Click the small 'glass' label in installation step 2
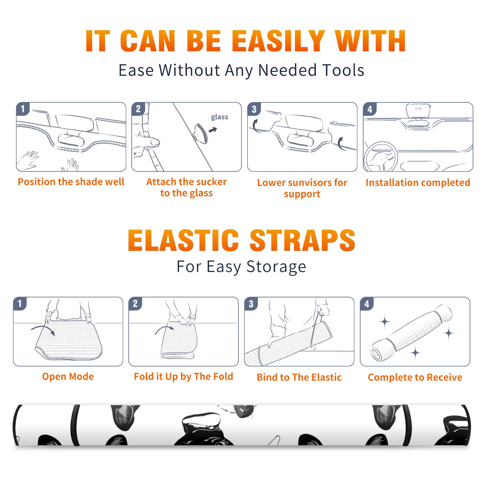coord(219,117)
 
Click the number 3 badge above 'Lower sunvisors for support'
coord(254,109)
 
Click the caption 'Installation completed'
coord(418,183)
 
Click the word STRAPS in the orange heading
coord(302,240)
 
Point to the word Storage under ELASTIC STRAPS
coord(276,267)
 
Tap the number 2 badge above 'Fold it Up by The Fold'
coord(135,303)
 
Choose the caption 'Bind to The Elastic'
coord(299,377)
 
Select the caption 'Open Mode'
coord(68,376)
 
